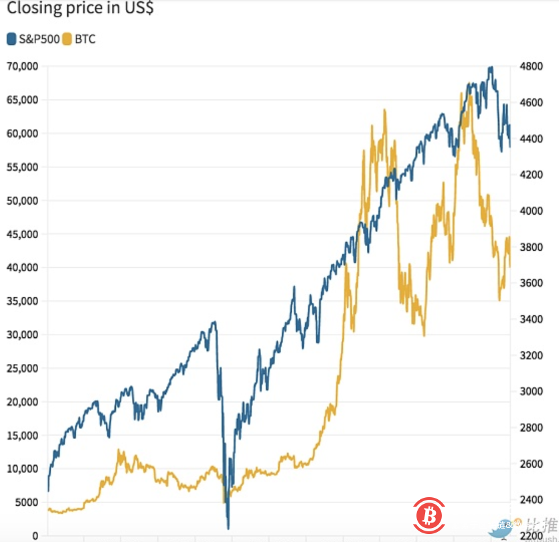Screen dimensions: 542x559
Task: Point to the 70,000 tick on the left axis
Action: pyautogui.click(x=21, y=66)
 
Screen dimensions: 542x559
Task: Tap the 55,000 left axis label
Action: pyautogui.click(x=21, y=167)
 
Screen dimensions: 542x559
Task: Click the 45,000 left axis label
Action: pyautogui.click(x=21, y=234)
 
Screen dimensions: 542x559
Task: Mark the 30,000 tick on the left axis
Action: pyautogui.click(x=21, y=335)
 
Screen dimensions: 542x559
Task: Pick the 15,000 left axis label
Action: pyautogui.click(x=21, y=435)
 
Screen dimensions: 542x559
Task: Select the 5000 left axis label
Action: pyautogui.click(x=25, y=502)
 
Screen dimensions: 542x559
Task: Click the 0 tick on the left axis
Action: pyautogui.click(x=35, y=535)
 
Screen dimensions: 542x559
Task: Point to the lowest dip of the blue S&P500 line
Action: pyautogui.click(x=228, y=528)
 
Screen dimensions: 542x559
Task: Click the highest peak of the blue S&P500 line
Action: pyautogui.click(x=491, y=68)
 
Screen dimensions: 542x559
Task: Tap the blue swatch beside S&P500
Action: pyautogui.click(x=11, y=39)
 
